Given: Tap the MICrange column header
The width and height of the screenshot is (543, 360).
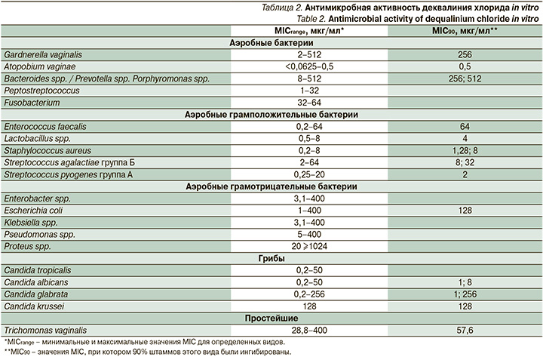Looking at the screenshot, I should pos(310,30).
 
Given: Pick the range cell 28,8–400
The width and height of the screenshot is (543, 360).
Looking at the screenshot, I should pos(310,331).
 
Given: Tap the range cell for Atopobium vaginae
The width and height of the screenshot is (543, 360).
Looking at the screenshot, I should pos(310,66).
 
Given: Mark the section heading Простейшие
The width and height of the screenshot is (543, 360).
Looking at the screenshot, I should pos(271,318).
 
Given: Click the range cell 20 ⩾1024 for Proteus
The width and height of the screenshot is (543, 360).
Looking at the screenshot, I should pos(310,246).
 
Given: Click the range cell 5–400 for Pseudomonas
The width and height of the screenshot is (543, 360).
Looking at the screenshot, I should pos(310,234).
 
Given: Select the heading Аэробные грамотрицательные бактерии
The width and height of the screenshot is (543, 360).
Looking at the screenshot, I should pos(271,186).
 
